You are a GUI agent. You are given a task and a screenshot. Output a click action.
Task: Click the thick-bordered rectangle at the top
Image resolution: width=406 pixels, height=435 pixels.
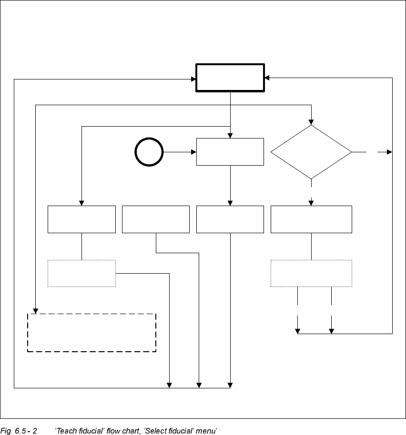pyautogui.click(x=230, y=78)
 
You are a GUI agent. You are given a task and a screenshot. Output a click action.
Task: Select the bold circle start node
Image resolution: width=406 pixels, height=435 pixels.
pyautogui.click(x=149, y=152)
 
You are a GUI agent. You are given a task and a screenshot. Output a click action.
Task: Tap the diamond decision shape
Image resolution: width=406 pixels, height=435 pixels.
pyautogui.click(x=311, y=152)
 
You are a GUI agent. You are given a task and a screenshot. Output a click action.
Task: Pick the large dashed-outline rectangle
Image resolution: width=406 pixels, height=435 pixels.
pyautogui.click(x=92, y=333)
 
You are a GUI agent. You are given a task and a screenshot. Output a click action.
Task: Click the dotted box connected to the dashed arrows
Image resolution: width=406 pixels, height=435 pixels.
pyautogui.click(x=311, y=273)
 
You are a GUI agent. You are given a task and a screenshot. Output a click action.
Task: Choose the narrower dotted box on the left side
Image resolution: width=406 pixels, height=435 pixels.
pyautogui.click(x=81, y=273)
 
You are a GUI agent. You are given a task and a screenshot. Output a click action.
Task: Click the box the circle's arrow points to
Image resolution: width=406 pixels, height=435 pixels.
pyautogui.click(x=230, y=152)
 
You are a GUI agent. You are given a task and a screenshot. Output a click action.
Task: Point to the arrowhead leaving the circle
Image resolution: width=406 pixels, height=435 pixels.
pyautogui.click(x=194, y=152)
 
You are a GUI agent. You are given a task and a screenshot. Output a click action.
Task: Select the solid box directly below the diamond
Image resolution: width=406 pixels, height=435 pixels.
pyautogui.click(x=311, y=219)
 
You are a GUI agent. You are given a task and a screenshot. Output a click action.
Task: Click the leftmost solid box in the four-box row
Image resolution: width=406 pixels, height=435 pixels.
pyautogui.click(x=81, y=219)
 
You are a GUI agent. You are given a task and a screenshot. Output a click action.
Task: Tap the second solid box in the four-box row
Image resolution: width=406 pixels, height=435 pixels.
pyautogui.click(x=156, y=219)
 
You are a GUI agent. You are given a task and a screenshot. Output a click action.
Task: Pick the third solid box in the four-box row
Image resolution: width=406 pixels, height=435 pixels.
pyautogui.click(x=230, y=219)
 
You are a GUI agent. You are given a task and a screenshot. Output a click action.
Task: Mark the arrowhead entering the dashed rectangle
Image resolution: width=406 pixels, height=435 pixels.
pyautogui.click(x=36, y=311)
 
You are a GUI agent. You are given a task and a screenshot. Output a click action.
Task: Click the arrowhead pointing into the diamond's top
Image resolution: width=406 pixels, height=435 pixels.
pyautogui.click(x=311, y=122)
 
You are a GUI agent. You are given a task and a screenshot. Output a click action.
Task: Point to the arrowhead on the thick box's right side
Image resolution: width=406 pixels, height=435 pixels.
pyautogui.click(x=267, y=78)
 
